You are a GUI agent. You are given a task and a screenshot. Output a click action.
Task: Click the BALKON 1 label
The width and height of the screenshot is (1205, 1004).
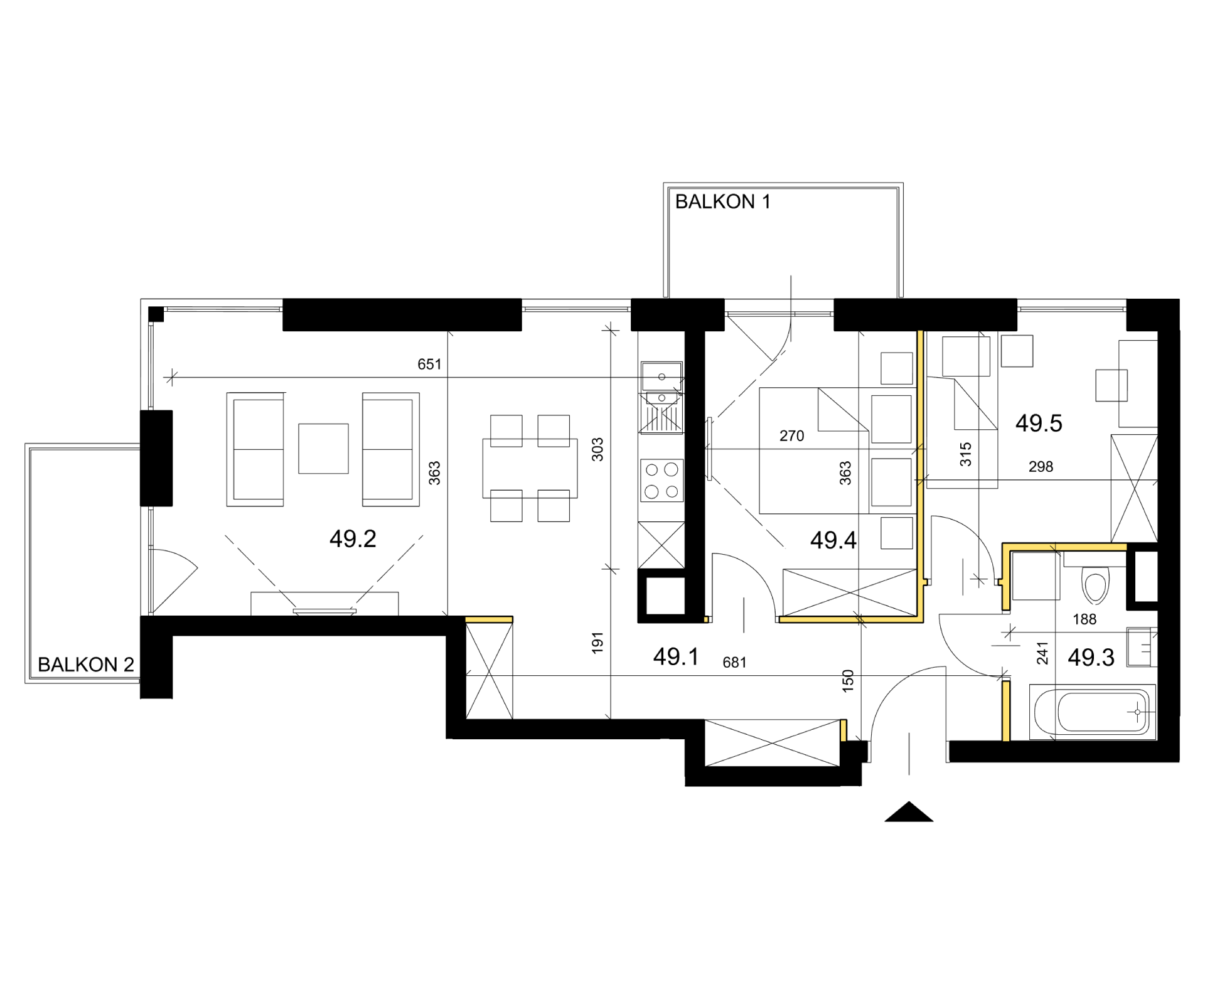[722, 201]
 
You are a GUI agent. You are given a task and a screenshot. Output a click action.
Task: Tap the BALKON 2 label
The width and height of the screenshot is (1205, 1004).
[86, 665]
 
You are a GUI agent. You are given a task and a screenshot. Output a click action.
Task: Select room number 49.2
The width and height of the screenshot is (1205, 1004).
[353, 538]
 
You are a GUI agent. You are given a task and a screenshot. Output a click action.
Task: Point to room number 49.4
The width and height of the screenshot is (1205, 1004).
[833, 540]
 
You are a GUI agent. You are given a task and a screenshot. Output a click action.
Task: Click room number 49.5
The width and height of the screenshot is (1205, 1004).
[1039, 423]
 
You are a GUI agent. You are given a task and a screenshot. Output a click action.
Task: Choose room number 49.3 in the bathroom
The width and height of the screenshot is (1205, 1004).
[1091, 657]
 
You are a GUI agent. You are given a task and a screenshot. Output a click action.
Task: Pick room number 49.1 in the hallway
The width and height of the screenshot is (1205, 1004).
[675, 656]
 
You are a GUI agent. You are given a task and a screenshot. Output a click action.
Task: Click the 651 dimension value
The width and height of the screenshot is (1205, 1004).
[429, 365]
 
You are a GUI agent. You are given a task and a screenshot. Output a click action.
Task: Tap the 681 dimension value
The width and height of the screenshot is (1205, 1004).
[734, 663]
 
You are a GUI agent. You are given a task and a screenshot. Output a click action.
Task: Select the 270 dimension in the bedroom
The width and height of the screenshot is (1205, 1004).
[791, 436]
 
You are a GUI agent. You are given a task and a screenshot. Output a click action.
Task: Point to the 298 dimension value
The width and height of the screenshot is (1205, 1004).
[1041, 467]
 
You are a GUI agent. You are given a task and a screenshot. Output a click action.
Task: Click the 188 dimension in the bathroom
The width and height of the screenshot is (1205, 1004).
[1084, 619]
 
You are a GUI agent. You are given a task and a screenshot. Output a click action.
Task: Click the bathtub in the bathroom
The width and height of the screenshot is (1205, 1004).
[1093, 712]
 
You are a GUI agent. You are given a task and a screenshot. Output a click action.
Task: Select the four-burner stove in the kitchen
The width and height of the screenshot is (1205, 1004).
[661, 481]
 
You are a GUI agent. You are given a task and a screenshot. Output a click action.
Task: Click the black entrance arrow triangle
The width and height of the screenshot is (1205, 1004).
[909, 812]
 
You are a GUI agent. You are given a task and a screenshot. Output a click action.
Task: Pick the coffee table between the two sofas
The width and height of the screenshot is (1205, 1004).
[323, 449]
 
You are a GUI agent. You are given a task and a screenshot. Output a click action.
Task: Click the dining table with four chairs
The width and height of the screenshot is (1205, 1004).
[530, 468]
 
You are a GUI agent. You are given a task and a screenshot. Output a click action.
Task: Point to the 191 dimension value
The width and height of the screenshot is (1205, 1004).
[597, 643]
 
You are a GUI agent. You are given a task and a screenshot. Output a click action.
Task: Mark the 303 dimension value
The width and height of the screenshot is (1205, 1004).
[597, 449]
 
